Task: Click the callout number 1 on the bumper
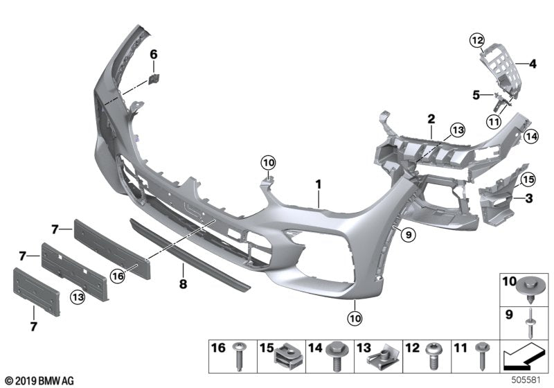click(x=319, y=185)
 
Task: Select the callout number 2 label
click(x=430, y=118)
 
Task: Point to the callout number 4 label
click(x=533, y=65)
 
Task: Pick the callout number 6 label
click(x=154, y=53)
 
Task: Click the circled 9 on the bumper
click(x=408, y=236)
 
